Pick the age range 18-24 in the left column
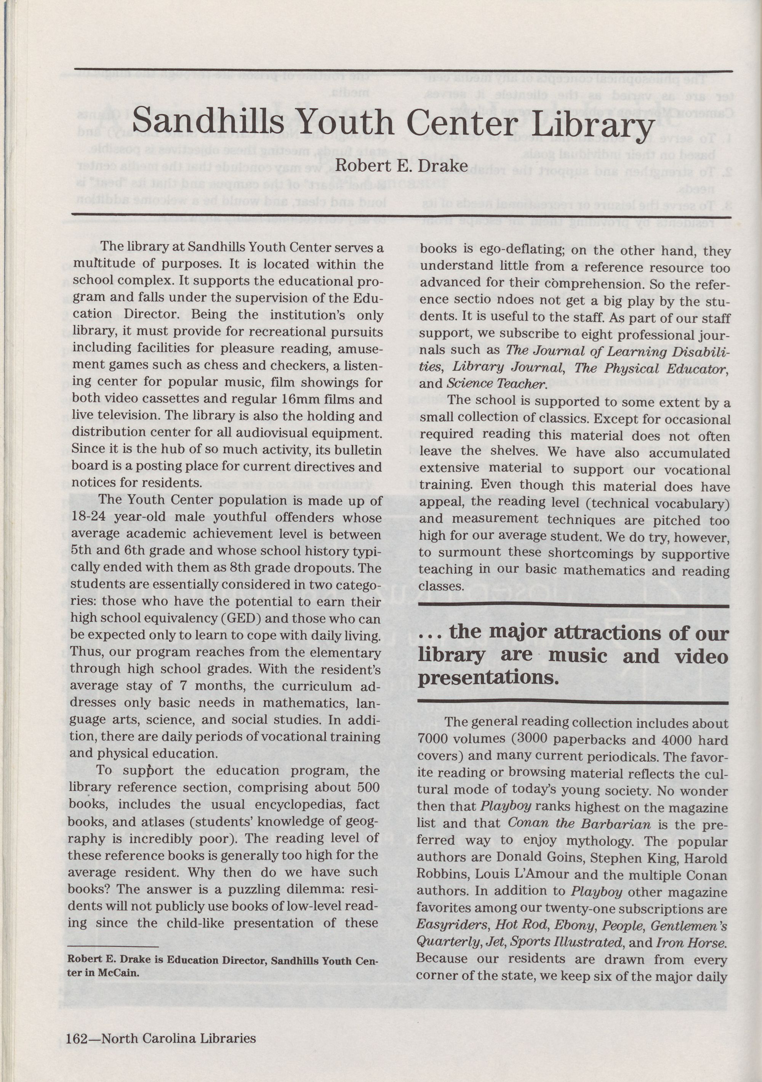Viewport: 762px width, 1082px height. [x=90, y=517]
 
